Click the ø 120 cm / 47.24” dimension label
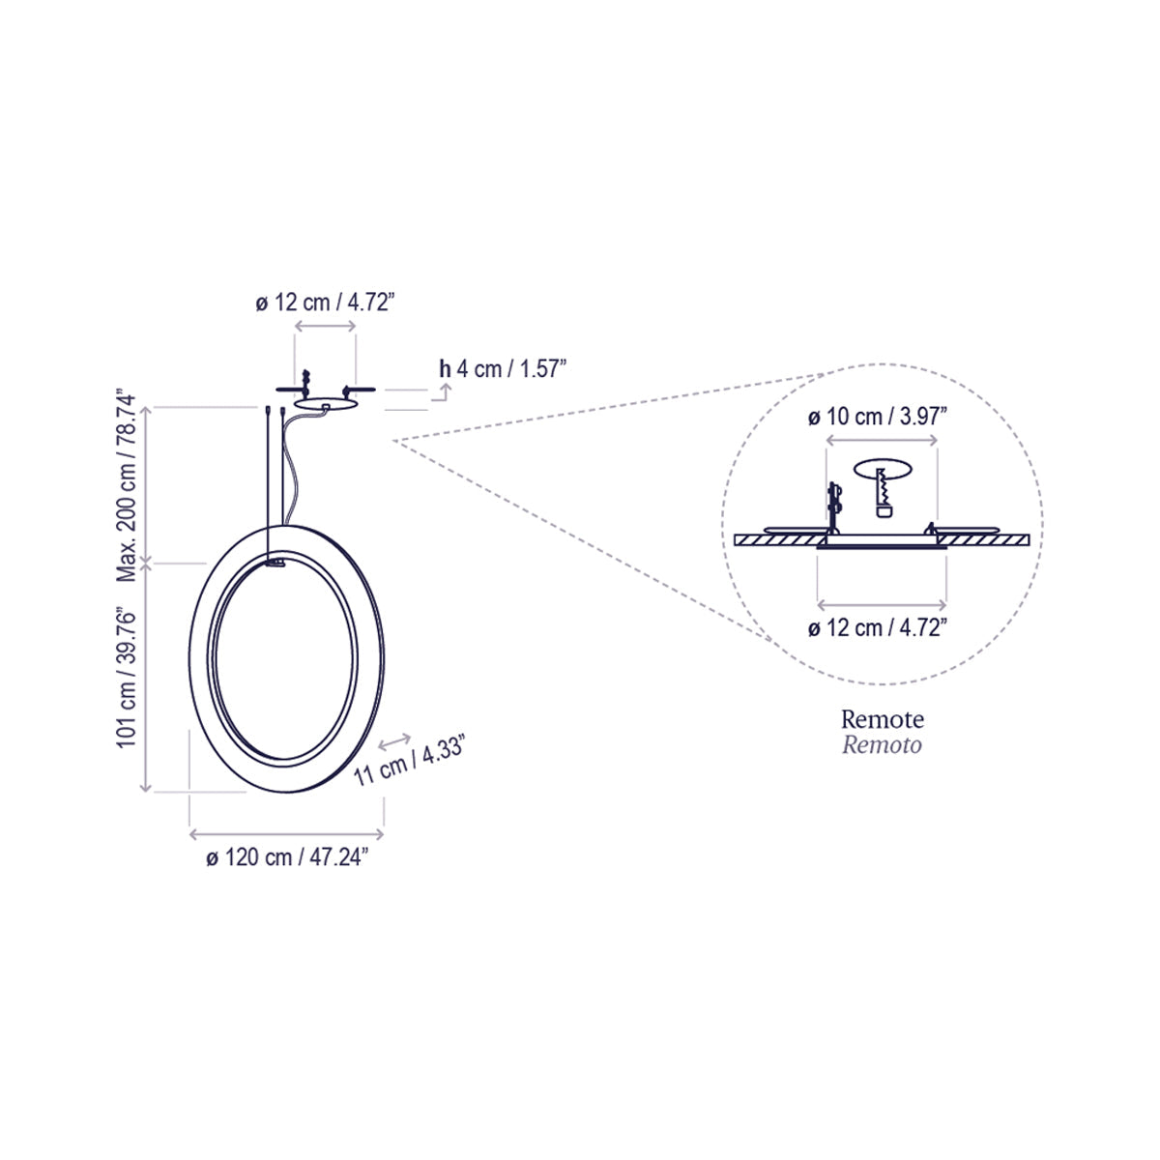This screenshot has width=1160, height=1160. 287,857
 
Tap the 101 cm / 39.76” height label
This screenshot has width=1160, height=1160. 125,677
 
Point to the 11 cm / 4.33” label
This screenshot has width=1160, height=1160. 411,761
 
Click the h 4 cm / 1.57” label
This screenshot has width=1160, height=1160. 502,368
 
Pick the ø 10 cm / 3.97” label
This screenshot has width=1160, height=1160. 877,417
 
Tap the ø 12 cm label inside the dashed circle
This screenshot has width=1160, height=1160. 877,627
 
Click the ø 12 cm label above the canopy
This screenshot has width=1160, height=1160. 326,303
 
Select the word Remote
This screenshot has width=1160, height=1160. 882,719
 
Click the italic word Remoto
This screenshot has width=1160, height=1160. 882,744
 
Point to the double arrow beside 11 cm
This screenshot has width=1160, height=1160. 394,741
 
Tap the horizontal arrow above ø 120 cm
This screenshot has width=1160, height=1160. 287,831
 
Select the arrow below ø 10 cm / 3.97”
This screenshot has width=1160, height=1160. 881,441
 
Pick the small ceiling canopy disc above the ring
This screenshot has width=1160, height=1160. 326,405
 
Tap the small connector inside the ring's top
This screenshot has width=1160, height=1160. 276,562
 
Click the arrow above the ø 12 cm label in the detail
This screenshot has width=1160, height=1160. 881,603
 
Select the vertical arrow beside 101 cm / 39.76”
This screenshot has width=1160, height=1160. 147,677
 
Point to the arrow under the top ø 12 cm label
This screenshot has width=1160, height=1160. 326,328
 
